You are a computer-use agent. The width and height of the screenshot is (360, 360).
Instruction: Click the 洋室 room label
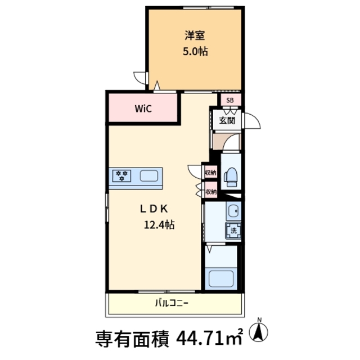point(195,35)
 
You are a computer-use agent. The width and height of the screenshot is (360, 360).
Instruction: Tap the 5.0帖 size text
point(195,52)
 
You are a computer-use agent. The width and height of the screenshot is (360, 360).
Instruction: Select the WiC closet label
point(143,109)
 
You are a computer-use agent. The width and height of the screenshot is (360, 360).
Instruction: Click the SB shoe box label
point(229,100)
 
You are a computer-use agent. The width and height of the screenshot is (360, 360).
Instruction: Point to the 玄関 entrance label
point(227,120)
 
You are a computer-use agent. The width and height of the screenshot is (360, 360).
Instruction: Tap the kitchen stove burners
point(122,176)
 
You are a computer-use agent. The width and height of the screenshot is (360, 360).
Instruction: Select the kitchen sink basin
point(149,177)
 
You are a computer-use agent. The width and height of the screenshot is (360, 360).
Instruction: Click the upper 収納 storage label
point(210,173)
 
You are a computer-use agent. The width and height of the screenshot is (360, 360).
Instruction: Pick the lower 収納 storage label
point(210,192)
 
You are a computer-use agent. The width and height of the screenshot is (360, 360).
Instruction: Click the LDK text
point(154,208)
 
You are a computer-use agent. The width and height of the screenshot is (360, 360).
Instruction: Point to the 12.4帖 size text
point(159,225)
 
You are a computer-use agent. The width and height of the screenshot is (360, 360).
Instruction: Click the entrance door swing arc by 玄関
point(252,121)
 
